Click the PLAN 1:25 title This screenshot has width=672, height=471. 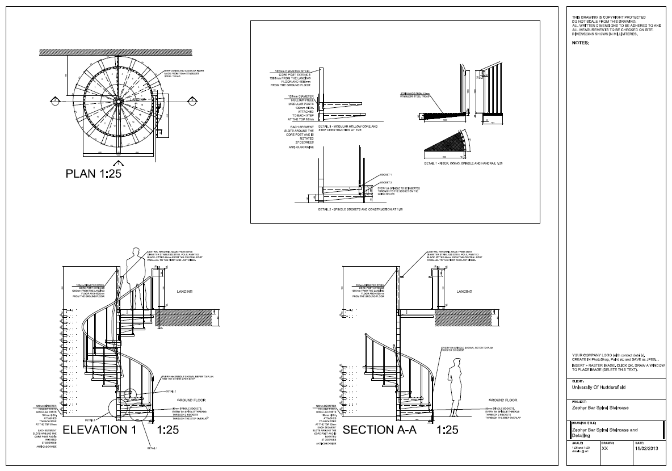point(94,173)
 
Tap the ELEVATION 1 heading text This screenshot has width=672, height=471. point(100,430)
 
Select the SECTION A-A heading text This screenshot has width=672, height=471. point(380,430)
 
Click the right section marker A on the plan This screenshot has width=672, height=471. point(192,100)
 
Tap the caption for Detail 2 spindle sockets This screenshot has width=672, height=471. point(360,209)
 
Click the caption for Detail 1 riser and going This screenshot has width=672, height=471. point(463,163)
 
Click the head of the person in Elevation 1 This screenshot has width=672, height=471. point(136,253)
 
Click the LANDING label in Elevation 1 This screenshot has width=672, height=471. point(182,291)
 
